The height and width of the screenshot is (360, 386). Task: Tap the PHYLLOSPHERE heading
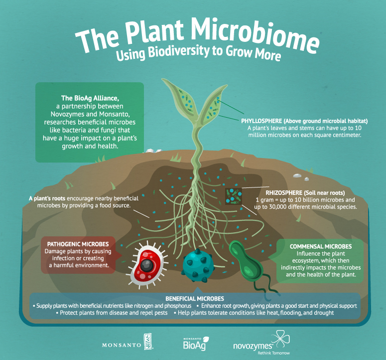click(269, 121)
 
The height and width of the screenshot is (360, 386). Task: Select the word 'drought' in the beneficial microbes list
click(322, 313)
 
